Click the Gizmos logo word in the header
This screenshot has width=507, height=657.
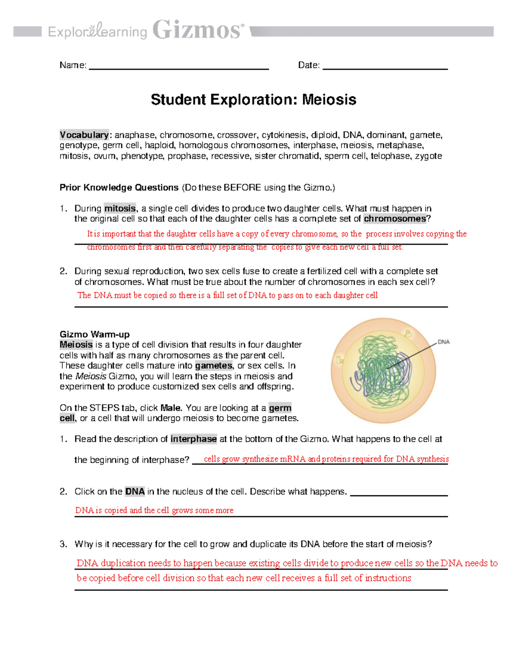click(198, 30)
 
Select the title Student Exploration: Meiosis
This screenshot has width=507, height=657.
click(253, 100)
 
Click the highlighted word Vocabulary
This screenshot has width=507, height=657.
click(84, 135)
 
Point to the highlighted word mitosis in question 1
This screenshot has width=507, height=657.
click(120, 209)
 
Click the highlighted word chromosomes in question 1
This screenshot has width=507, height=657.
click(395, 219)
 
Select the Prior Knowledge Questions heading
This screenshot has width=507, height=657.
click(119, 187)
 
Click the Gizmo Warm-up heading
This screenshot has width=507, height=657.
click(95, 334)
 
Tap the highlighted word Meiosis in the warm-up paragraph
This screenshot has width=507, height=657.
click(76, 345)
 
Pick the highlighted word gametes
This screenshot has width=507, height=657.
click(213, 366)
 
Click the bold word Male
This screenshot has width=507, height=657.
click(171, 408)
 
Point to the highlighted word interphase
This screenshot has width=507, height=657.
click(194, 439)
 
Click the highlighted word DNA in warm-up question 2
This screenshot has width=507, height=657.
click(135, 492)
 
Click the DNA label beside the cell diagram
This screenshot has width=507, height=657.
click(443, 342)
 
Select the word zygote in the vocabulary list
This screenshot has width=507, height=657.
click(428, 156)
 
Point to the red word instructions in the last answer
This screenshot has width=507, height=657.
click(388, 578)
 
